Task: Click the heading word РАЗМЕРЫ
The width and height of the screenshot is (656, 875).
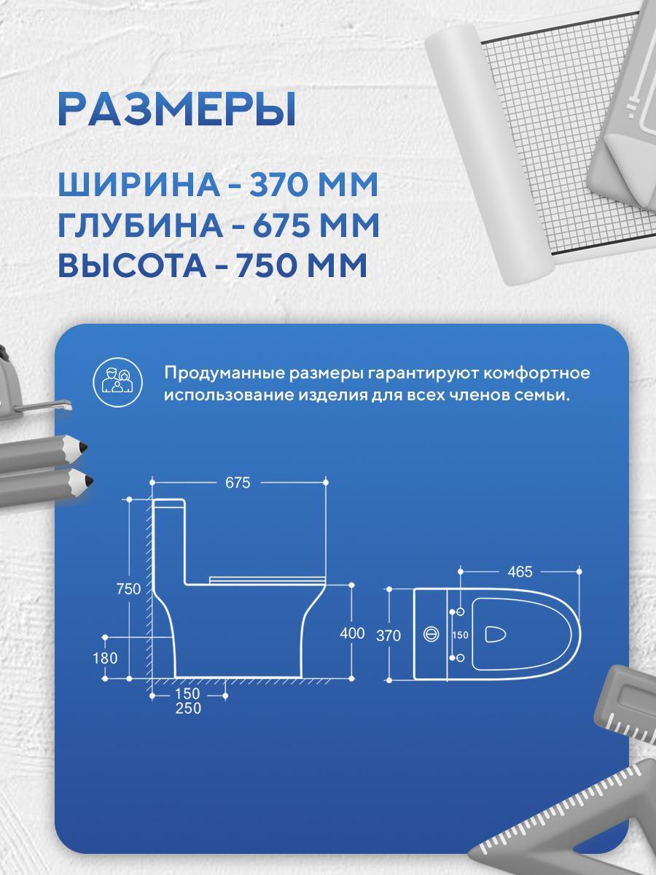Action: point(177,109)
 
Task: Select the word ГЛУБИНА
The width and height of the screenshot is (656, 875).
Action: point(140,225)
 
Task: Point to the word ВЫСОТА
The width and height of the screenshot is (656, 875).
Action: point(132,265)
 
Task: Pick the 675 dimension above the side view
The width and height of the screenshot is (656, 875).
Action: point(238,483)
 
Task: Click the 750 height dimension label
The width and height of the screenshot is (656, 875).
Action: point(129,588)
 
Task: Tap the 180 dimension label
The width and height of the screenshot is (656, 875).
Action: point(105,658)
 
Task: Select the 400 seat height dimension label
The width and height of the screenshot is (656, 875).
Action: point(352,633)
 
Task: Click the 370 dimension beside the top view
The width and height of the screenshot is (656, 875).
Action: point(388,635)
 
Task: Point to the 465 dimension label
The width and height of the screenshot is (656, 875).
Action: point(520,572)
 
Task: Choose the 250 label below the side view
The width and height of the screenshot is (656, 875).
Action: point(188,708)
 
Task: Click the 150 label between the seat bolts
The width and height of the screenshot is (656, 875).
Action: point(460,635)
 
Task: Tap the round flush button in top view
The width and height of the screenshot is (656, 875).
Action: point(431,634)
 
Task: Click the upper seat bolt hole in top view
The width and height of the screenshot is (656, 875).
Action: point(461,612)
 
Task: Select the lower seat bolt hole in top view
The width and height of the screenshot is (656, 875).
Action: point(460,658)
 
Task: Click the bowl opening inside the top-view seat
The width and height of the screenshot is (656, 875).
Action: point(495,634)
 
